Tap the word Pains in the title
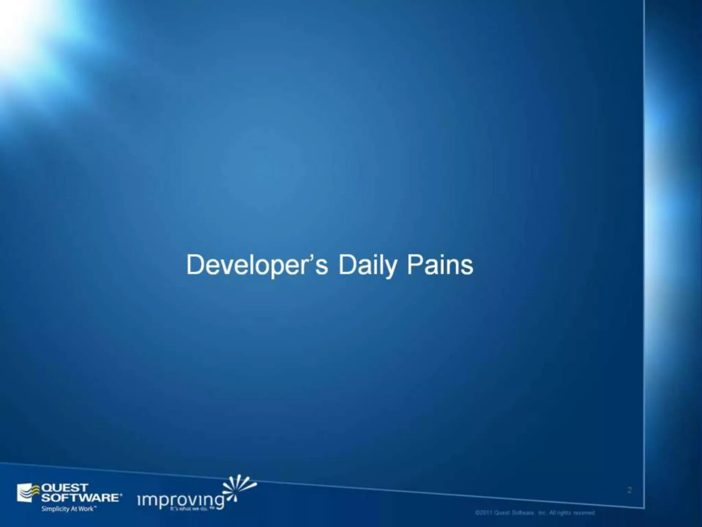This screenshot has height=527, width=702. tap(440, 265)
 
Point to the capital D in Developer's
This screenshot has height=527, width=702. tap(194, 265)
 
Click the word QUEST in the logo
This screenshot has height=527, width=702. tap(64, 488)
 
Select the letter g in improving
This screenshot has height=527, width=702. tap(218, 502)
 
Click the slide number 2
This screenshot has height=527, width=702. tap(629, 490)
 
